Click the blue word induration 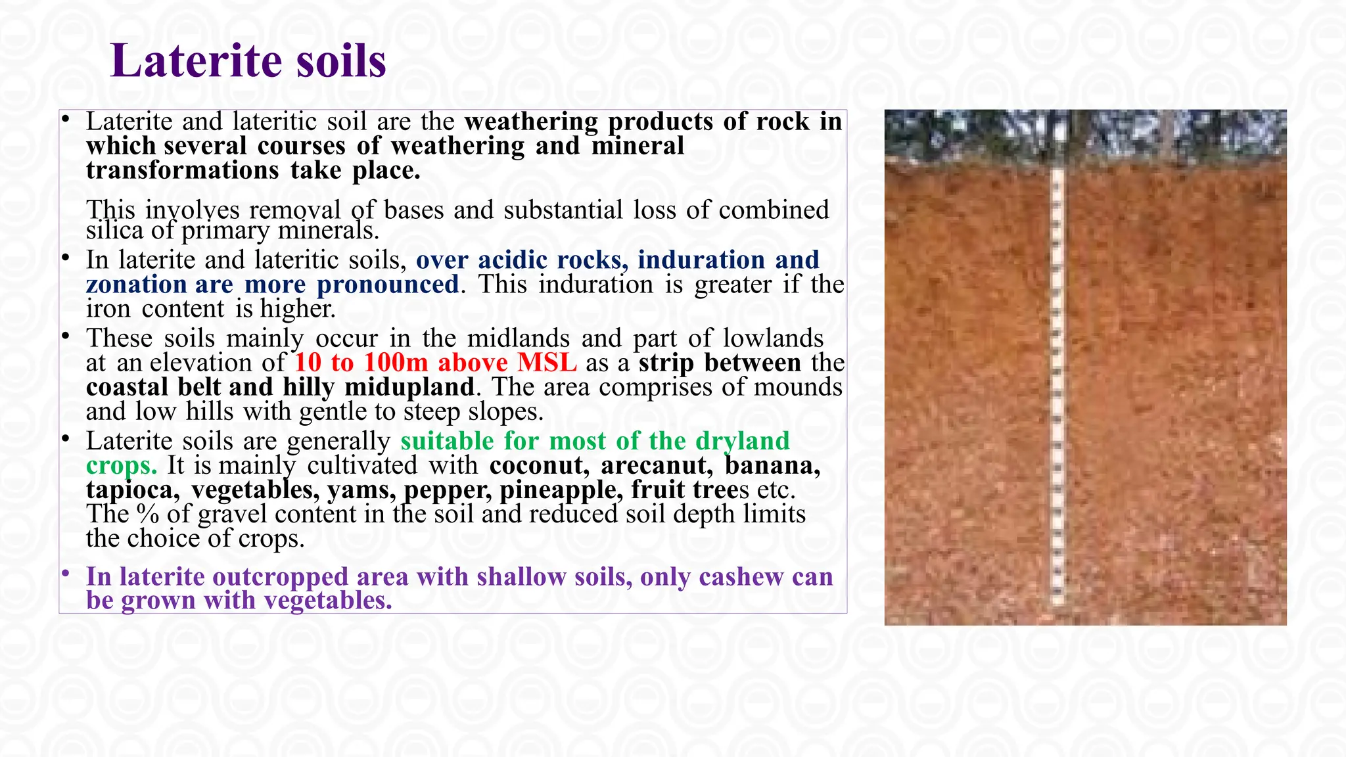(x=701, y=260)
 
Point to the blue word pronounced (x=388, y=285)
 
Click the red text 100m (x=396, y=363)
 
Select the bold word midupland (x=409, y=387)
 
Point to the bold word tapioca (x=132, y=490)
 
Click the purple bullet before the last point (x=66, y=574)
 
